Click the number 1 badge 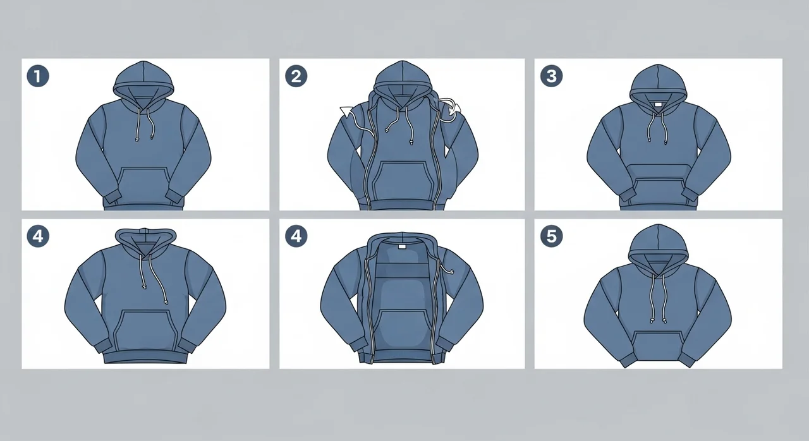(x=38, y=76)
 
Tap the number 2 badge (x=296, y=76)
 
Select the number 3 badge (x=552, y=76)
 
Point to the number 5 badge (x=552, y=236)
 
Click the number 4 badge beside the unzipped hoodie (x=296, y=236)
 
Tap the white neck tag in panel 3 (x=658, y=105)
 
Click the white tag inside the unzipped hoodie (x=402, y=247)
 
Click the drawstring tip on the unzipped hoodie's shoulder (x=451, y=272)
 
